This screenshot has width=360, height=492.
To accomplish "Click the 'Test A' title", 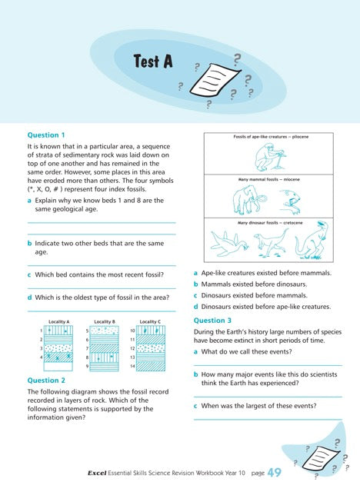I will (x=152, y=61).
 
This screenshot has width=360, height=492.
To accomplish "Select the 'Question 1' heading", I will (x=46, y=133).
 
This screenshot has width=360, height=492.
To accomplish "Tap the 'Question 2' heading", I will (x=46, y=380).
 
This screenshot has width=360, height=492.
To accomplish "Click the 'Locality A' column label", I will (x=59, y=321).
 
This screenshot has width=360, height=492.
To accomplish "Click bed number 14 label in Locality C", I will (x=133, y=367).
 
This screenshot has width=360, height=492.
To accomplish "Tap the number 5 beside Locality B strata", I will (x=87, y=330).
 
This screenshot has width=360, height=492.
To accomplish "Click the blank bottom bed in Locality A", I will (x=58, y=367).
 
